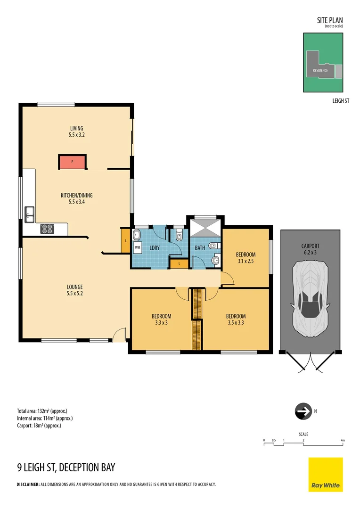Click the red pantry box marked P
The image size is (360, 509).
click(72, 162)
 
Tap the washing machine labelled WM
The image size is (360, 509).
click(138, 247)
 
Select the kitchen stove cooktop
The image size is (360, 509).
click(47, 229)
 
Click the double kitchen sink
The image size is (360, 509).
click(29, 214)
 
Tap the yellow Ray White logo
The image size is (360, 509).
click(325, 474)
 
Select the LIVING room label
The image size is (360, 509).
click(77, 128)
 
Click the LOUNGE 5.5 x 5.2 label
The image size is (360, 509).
click(74, 290)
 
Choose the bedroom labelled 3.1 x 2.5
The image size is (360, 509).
click(245, 257)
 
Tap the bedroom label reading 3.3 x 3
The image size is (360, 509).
click(161, 319)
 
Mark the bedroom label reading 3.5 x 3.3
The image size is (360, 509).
click(236, 319)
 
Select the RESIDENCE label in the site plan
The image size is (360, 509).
click(320, 71)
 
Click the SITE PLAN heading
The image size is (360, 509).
click(330, 20)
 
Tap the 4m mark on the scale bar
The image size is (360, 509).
click(343, 440)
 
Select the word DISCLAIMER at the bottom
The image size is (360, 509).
click(28, 484)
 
